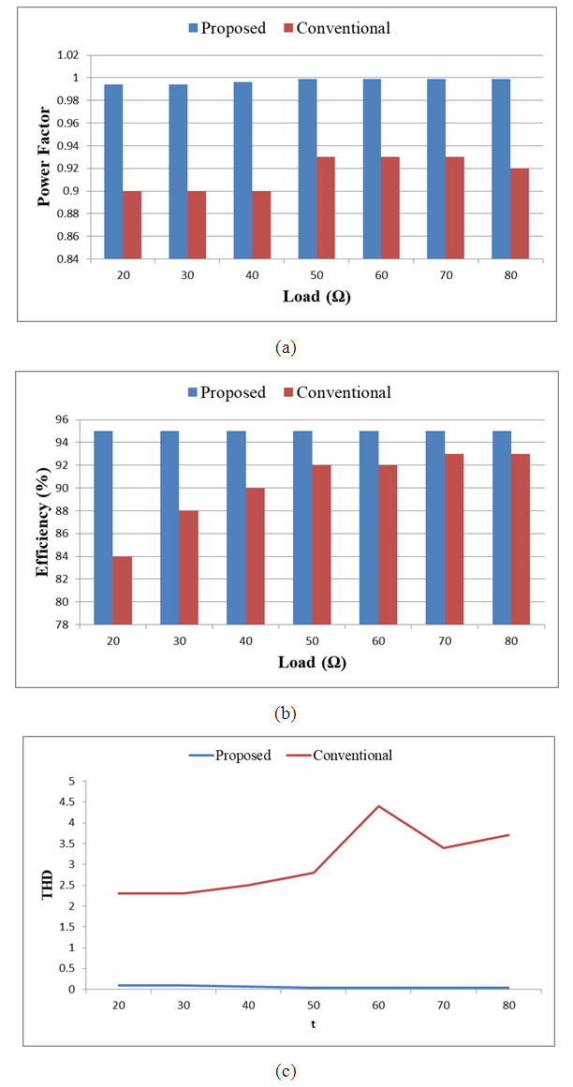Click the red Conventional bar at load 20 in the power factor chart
[x=132, y=225]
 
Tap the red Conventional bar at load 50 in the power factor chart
[x=326, y=208]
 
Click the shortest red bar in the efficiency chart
[x=122, y=590]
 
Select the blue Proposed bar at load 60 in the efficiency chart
[x=369, y=528]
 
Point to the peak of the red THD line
[x=378, y=806]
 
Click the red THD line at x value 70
[x=443, y=847]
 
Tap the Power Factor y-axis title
[x=43, y=155]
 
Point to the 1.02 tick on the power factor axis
[x=70, y=55]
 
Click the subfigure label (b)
[x=286, y=713]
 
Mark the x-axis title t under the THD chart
[x=313, y=1024]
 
